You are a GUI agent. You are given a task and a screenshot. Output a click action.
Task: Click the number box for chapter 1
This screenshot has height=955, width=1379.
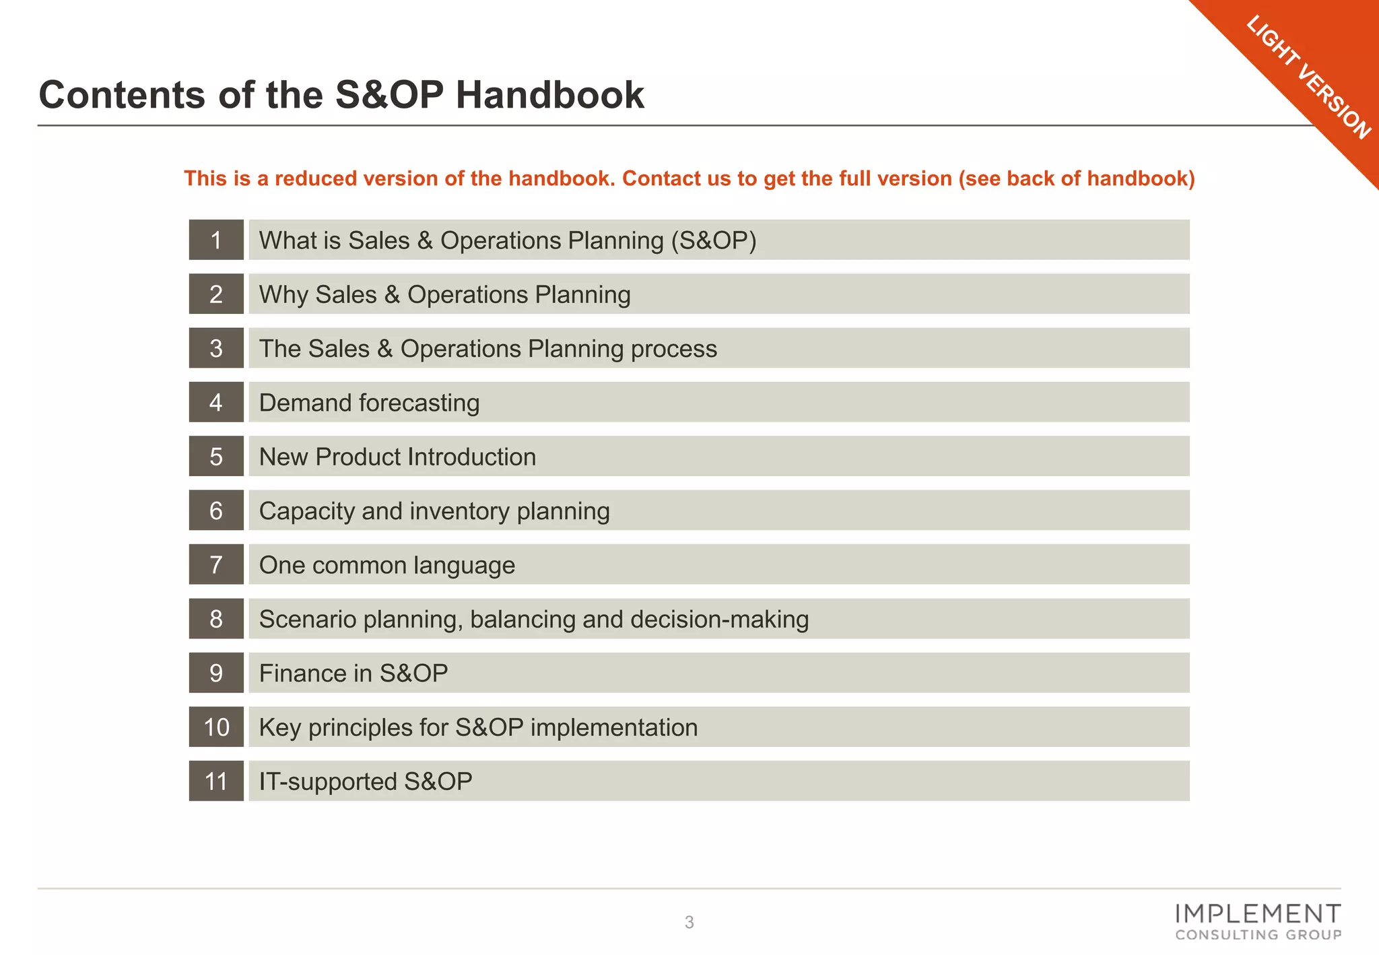point(216,240)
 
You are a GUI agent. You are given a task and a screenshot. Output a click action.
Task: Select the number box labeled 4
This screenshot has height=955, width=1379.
point(216,402)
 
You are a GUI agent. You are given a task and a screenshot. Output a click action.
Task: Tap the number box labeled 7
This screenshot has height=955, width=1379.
point(216,564)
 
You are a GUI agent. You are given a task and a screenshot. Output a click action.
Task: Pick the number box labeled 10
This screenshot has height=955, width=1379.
point(216,727)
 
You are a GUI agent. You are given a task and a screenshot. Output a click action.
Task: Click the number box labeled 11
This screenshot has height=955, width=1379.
point(216,781)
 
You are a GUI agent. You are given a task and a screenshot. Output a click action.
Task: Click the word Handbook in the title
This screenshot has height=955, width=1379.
point(549,95)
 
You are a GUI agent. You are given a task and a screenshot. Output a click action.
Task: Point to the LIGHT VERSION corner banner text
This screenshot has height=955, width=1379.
point(1308,77)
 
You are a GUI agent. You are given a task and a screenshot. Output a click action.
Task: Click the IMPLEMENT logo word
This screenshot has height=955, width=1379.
point(1258,914)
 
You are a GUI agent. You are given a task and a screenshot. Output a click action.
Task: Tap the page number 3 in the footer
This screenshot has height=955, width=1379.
point(689,923)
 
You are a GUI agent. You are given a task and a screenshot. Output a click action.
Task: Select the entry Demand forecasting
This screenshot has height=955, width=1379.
point(369,403)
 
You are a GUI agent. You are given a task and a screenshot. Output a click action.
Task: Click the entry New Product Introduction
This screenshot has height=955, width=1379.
point(397,457)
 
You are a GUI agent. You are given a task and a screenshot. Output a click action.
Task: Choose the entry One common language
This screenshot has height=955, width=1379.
point(387,565)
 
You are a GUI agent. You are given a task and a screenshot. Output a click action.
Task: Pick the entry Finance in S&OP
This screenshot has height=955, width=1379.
point(354,673)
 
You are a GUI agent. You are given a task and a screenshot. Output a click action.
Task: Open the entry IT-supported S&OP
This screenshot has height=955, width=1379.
point(366,781)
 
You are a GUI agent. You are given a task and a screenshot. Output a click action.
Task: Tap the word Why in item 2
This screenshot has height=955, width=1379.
point(283,294)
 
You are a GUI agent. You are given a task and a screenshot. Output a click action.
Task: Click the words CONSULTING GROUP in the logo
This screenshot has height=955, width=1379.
point(1258,935)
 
